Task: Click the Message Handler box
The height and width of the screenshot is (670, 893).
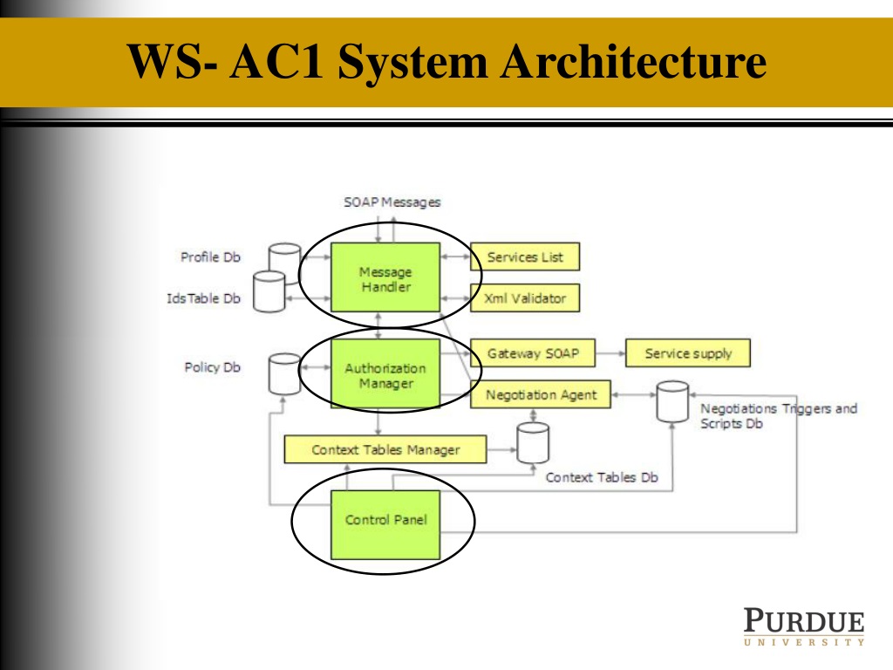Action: pos(385,277)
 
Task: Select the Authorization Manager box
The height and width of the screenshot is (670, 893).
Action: pos(385,373)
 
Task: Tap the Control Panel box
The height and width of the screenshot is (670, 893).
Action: pos(385,524)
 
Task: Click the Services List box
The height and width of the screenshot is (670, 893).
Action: pos(524,256)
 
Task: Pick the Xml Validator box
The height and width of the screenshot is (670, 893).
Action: pos(524,298)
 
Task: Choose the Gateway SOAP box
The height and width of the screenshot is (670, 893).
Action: pos(533,353)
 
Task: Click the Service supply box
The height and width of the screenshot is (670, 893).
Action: pos(688,353)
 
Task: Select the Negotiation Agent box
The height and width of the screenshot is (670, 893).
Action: pos(541,394)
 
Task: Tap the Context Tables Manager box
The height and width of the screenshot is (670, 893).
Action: pos(385,449)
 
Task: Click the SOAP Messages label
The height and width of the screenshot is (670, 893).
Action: pos(392,202)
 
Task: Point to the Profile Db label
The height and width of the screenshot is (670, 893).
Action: pos(210,257)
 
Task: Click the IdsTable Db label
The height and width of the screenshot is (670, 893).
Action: pos(203,298)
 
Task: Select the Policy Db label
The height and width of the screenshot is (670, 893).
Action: pos(212,367)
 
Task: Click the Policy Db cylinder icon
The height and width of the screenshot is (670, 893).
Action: pos(284,373)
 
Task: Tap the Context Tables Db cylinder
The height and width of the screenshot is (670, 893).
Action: pos(533,442)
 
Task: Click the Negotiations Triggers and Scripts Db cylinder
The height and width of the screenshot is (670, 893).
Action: pos(672,401)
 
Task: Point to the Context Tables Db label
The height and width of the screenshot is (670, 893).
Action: pos(602,477)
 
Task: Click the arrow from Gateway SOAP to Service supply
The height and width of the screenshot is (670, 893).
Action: pos(610,353)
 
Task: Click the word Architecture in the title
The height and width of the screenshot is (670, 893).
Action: pos(633,62)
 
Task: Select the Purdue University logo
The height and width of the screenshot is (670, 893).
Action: pos(804,626)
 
